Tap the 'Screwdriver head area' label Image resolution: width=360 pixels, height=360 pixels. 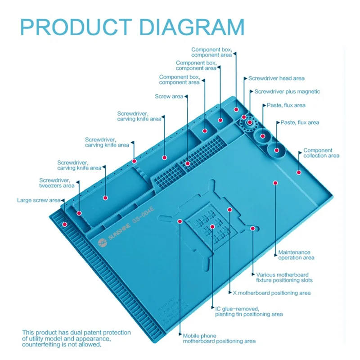pos(276,78)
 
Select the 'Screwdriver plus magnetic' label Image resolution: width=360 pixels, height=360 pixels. pos(287,92)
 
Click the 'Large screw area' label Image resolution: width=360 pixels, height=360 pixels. pos(38,200)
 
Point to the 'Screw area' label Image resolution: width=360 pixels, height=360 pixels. pos(169,96)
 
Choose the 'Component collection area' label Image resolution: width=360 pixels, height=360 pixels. pos(321,153)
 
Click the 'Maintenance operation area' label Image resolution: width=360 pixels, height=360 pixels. pos(296,255)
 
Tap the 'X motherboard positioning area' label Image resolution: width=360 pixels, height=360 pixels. pos(271,293)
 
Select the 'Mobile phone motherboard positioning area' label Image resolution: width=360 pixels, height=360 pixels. pos(219,338)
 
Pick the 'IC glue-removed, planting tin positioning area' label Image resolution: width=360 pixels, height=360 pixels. pos(248,311)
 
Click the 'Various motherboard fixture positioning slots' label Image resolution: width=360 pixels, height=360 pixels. pos(284,277)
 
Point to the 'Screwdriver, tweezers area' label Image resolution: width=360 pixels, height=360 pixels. pos(57,183)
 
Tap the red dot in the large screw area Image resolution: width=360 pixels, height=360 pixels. pos(65,224)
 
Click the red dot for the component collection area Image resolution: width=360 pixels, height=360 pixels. pos(298,172)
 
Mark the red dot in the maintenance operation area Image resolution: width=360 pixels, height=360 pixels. pos(276,183)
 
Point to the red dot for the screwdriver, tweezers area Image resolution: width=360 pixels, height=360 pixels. pos(80,213)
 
